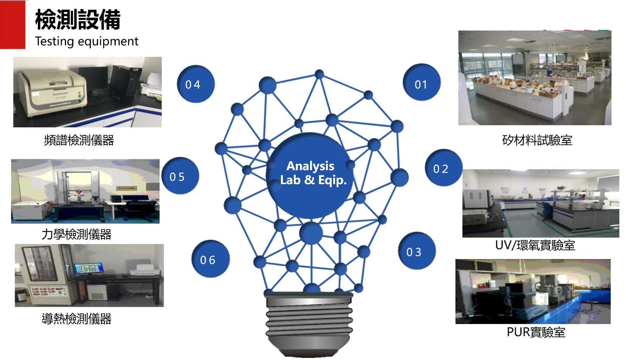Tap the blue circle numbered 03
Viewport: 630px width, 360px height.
pos(416,251)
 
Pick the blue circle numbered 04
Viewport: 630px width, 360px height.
pos(195,84)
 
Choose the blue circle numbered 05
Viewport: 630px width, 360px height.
pos(180,176)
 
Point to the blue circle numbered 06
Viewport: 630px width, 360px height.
pos(210,259)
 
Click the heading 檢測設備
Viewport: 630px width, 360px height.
pos(78,20)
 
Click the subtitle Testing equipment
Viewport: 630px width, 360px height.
pos(87,41)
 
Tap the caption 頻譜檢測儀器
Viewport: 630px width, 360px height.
pos(79,140)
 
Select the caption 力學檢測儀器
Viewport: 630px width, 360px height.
pos(76,234)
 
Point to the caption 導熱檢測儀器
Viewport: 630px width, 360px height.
pos(76,319)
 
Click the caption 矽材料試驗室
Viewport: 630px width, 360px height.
pos(537,140)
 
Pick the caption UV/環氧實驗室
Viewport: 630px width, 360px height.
pos(535,245)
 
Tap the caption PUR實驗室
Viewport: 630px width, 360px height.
pos(536,332)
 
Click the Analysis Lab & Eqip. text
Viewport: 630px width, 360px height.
pos(313,173)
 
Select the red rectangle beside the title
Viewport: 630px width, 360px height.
pos(12,25)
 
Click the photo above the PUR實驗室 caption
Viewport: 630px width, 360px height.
pos(533,291)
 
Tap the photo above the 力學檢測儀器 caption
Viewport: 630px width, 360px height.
pos(85,191)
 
